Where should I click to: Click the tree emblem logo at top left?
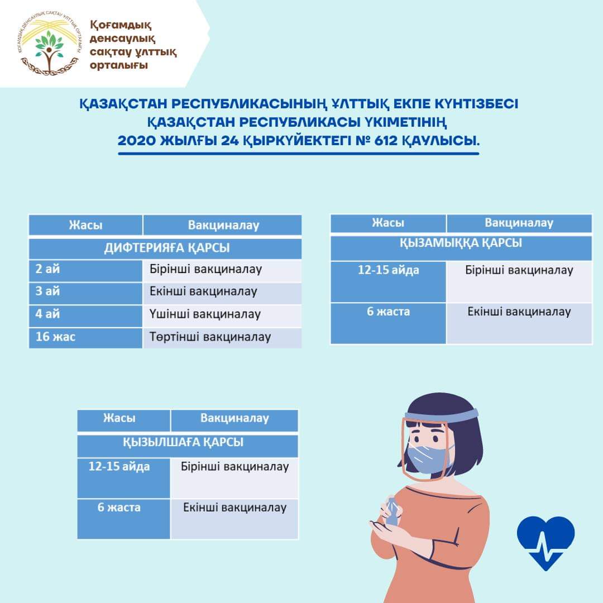pos(49,44)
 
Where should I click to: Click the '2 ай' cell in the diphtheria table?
pos(47,269)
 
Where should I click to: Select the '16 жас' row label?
pos(55,337)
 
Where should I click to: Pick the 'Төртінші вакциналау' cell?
pos(210,337)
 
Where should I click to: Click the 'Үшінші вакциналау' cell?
pos(205,314)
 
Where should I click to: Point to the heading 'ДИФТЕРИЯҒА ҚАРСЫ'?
pos(166,248)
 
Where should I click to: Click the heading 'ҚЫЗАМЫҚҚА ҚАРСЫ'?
pos(461,243)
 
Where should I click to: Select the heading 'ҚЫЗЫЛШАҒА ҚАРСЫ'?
pos(183,442)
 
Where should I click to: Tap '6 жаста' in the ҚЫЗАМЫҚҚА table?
pos(388,311)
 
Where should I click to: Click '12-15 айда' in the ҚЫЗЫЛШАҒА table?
pos(119,466)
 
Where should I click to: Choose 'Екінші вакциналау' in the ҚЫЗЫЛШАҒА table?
pos(234,508)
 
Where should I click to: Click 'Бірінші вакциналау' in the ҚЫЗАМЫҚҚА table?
pos(519,270)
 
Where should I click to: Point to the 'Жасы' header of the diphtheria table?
pos(86,225)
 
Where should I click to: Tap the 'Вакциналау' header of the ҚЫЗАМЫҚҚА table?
pos(519,223)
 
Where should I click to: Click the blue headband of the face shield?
pos(442,415)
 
